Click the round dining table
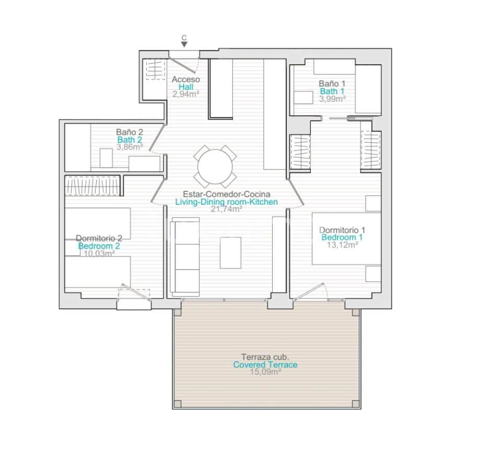tap(215, 167)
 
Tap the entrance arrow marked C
tap(184, 44)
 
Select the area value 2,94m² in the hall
tap(187, 95)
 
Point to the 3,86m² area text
tap(130, 147)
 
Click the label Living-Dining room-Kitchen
tap(226, 202)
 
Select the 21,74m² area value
tap(226, 209)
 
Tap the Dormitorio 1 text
tap(342, 230)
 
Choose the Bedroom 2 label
tap(99, 246)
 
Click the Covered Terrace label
tap(265, 365)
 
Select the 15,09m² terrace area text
tap(265, 372)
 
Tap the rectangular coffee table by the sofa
tap(230, 252)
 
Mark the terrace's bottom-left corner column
tap(178, 404)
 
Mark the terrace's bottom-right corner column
tap(355, 404)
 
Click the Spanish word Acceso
tap(186, 79)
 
